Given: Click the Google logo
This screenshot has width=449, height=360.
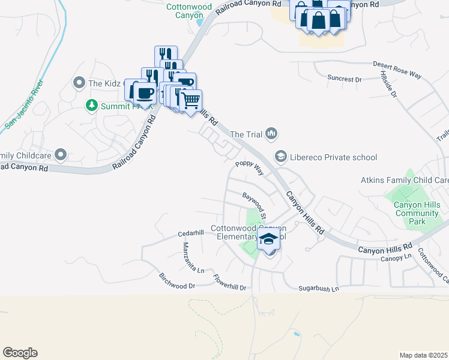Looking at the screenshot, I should tap(20, 353).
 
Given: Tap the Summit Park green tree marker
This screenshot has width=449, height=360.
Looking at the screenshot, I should tap(92, 106).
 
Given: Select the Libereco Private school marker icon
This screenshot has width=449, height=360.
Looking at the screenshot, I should tap(280, 157).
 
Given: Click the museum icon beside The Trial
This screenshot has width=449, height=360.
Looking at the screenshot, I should tap(271, 134).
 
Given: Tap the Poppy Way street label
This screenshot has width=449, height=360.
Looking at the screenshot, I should tap(250, 167).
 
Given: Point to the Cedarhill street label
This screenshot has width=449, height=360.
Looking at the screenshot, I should tap(192, 233).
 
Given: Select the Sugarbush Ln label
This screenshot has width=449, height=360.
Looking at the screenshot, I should tap(318, 289).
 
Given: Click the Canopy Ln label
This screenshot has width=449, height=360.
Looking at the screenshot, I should tap(395, 257).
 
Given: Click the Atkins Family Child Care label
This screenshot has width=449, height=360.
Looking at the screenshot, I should tap(405, 180).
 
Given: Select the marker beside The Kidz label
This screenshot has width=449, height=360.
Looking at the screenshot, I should tap(78, 83).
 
